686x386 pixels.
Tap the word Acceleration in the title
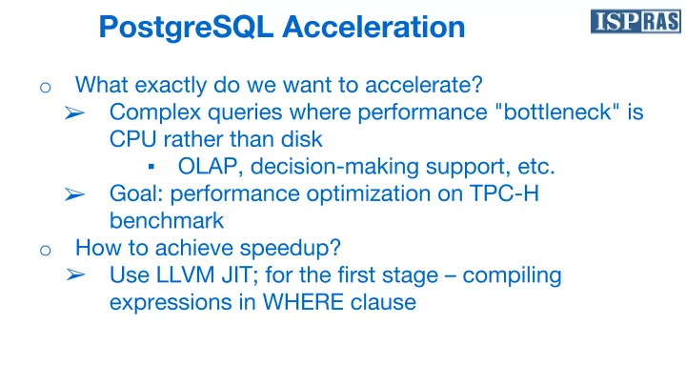pos(373,27)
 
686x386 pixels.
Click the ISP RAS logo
pos(636,21)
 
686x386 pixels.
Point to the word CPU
pos(133,139)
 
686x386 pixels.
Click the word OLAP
pos(210,167)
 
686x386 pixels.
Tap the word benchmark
pos(167,220)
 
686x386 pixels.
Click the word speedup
pos(290,249)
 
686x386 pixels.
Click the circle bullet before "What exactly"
pos(46,88)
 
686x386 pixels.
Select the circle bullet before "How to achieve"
pos(46,251)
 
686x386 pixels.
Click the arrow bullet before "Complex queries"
pos(75,112)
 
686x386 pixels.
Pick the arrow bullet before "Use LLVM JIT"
pos(75,274)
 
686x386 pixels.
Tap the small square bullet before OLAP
pos(151,166)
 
